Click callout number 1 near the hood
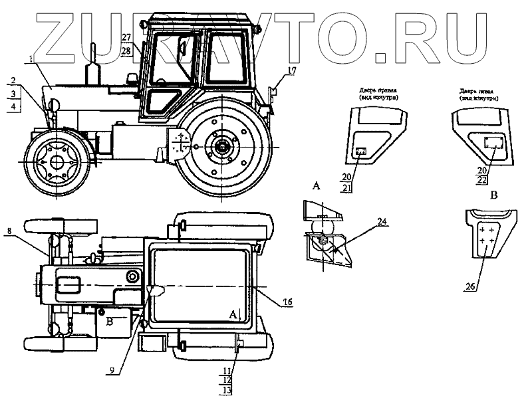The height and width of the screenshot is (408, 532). pyautogui.click(x=31, y=60)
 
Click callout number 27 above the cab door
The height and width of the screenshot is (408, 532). pyautogui.click(x=126, y=37)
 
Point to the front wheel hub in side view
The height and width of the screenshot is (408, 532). pyautogui.click(x=57, y=160)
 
